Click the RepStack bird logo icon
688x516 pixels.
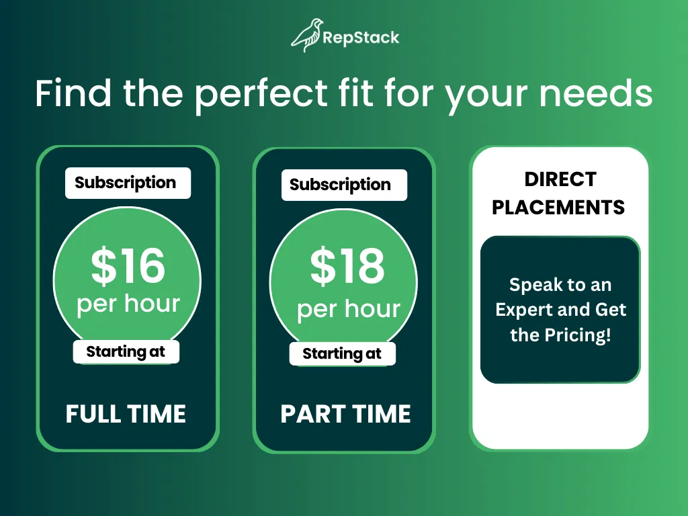click(x=306, y=36)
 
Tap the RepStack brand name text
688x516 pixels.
click(x=361, y=38)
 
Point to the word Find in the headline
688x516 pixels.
click(x=73, y=92)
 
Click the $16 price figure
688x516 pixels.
click(x=128, y=265)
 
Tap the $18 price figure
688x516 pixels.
click(x=347, y=265)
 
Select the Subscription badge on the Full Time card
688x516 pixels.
click(x=128, y=183)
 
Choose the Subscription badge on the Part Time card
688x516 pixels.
click(x=344, y=185)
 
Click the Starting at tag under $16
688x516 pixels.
click(x=126, y=352)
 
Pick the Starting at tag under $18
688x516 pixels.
click(x=342, y=353)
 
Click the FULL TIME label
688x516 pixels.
click(x=126, y=414)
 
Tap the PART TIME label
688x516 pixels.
click(x=346, y=414)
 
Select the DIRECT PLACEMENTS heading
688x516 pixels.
click(x=558, y=193)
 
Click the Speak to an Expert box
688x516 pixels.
click(x=560, y=310)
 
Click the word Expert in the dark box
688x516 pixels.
click(x=522, y=310)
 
